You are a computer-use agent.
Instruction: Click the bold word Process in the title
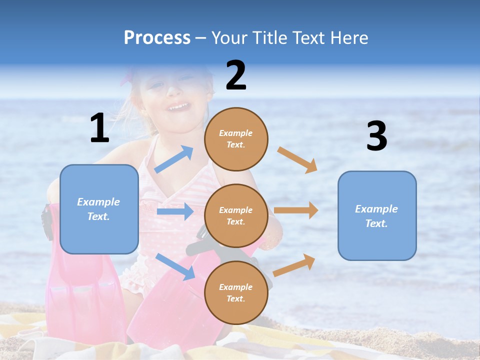pos(157,38)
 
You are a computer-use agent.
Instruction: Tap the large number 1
pos(99,128)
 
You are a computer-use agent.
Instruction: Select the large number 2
pos(236,75)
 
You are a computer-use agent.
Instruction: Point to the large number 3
pos(376,136)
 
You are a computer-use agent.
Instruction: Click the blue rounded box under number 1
pos(99,209)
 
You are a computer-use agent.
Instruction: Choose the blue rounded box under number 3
pos(377,215)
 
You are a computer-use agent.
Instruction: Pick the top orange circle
pos(236,139)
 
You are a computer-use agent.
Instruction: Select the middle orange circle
pos(236,215)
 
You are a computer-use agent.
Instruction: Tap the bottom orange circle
pos(236,292)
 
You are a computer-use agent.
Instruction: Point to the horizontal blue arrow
pos(175,211)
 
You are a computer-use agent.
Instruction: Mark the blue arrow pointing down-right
pos(175,266)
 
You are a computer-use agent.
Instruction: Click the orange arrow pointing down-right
pos(297,159)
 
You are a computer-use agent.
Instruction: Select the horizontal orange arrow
pos(296,210)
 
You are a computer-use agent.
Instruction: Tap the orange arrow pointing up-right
pos(294,265)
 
